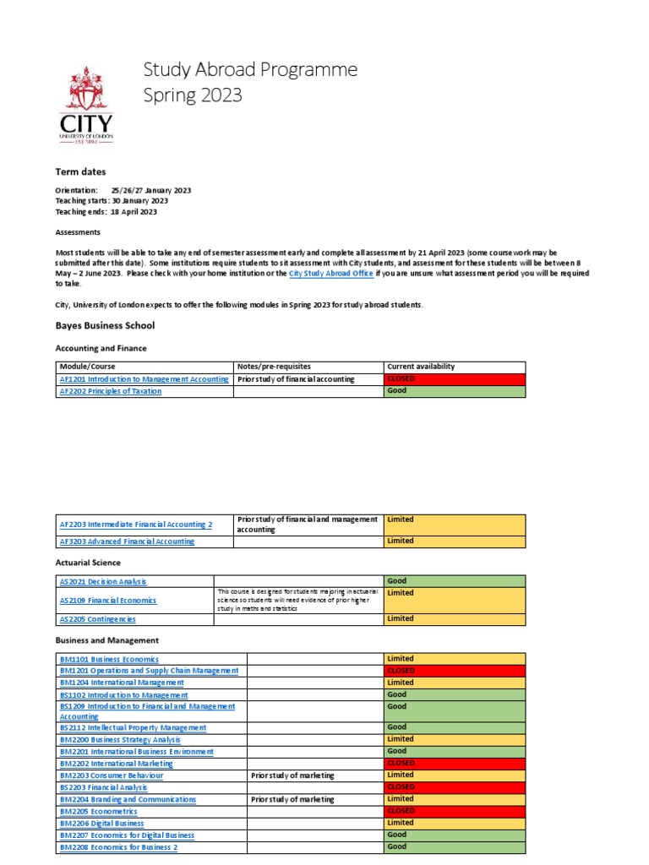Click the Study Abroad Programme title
pyautogui.click(x=250, y=69)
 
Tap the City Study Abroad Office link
pyautogui.click(x=330, y=274)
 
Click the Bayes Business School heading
pyautogui.click(x=105, y=325)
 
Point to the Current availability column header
pyautogui.click(x=421, y=367)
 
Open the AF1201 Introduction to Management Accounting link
pyautogui.click(x=144, y=379)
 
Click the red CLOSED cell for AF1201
pyautogui.click(x=454, y=379)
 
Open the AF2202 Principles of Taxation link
pyautogui.click(x=110, y=391)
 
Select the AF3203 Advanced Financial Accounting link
pyautogui.click(x=127, y=541)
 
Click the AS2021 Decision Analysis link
pyautogui.click(x=103, y=581)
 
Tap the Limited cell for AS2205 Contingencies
pyautogui.click(x=454, y=618)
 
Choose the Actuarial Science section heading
pyautogui.click(x=88, y=563)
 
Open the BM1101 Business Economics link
pyautogui.click(x=109, y=659)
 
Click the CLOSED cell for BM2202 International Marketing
pyautogui.click(x=454, y=763)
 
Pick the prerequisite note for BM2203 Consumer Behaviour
pyautogui.click(x=292, y=775)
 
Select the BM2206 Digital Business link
pyautogui.click(x=101, y=823)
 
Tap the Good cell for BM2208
pyautogui.click(x=454, y=846)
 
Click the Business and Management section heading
pyautogui.click(x=106, y=640)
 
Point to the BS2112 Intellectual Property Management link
pyautogui.click(x=133, y=727)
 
